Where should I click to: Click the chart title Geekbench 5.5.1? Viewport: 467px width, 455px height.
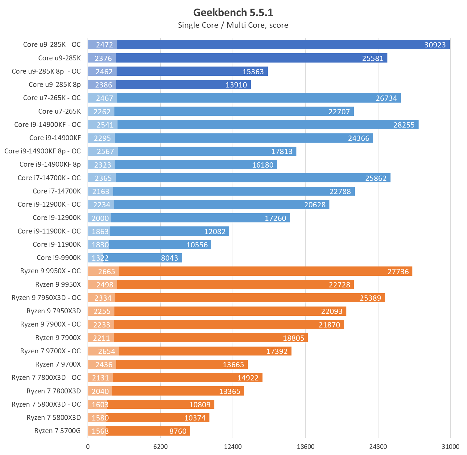[x=233, y=12]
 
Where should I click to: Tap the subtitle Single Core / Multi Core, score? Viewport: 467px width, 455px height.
[x=233, y=25]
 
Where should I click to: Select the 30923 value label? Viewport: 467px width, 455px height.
[x=435, y=45]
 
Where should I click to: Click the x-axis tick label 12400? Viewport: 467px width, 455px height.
[x=233, y=447]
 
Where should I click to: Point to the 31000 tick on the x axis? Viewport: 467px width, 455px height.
[x=450, y=447]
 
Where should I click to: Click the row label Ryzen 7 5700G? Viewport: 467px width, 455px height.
[x=57, y=431]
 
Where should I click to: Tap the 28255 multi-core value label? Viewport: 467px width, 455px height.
[x=404, y=125]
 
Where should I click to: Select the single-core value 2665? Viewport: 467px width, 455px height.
[x=106, y=272]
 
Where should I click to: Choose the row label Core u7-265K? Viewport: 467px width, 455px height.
[x=60, y=112]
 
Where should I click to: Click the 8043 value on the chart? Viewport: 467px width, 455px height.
[x=169, y=258]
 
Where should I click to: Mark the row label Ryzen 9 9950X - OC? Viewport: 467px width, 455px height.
[x=50, y=271]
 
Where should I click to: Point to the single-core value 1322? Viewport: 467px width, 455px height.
[x=100, y=258]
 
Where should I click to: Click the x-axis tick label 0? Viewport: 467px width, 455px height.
[x=88, y=447]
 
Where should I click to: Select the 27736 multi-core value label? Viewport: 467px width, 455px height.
[x=398, y=272]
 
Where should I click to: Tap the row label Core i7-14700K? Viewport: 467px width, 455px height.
[x=57, y=191]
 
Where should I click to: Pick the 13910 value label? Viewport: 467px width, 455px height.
[x=236, y=85]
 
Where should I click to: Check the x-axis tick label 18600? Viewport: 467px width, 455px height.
[x=305, y=447]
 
